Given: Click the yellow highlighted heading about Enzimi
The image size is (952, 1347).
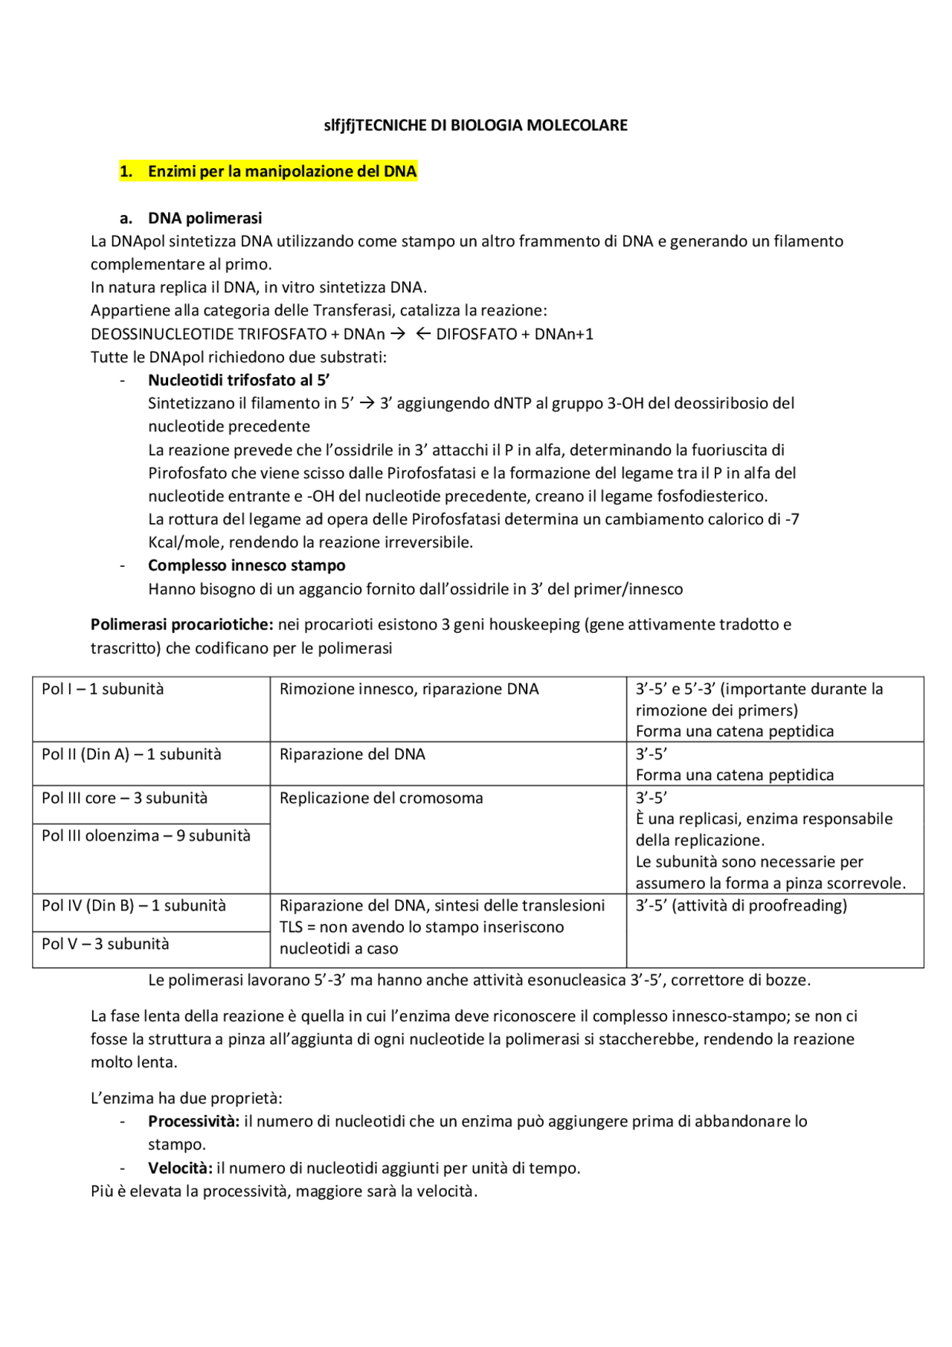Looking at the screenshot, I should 268,171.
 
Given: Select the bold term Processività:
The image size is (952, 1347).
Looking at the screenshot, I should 193,1121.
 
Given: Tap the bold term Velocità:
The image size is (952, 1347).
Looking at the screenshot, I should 180,1168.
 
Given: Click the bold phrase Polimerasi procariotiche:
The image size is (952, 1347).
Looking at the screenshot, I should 182,624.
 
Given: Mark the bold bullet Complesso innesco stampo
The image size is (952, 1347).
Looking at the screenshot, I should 246,565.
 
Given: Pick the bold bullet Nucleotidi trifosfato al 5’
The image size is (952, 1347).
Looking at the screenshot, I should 239,380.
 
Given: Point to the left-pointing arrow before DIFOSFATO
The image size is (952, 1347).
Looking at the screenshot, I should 422,334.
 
